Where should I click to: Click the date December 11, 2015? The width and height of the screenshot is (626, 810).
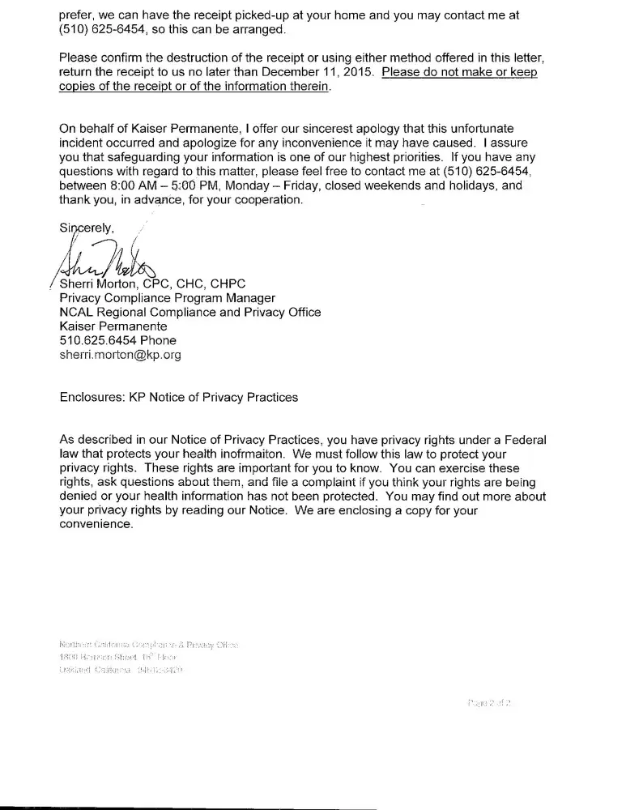[x=321, y=72]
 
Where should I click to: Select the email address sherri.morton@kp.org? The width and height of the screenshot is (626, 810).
[x=120, y=355]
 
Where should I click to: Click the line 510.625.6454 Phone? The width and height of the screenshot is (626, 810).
[x=118, y=340]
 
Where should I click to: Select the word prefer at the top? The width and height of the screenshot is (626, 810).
[x=78, y=15]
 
